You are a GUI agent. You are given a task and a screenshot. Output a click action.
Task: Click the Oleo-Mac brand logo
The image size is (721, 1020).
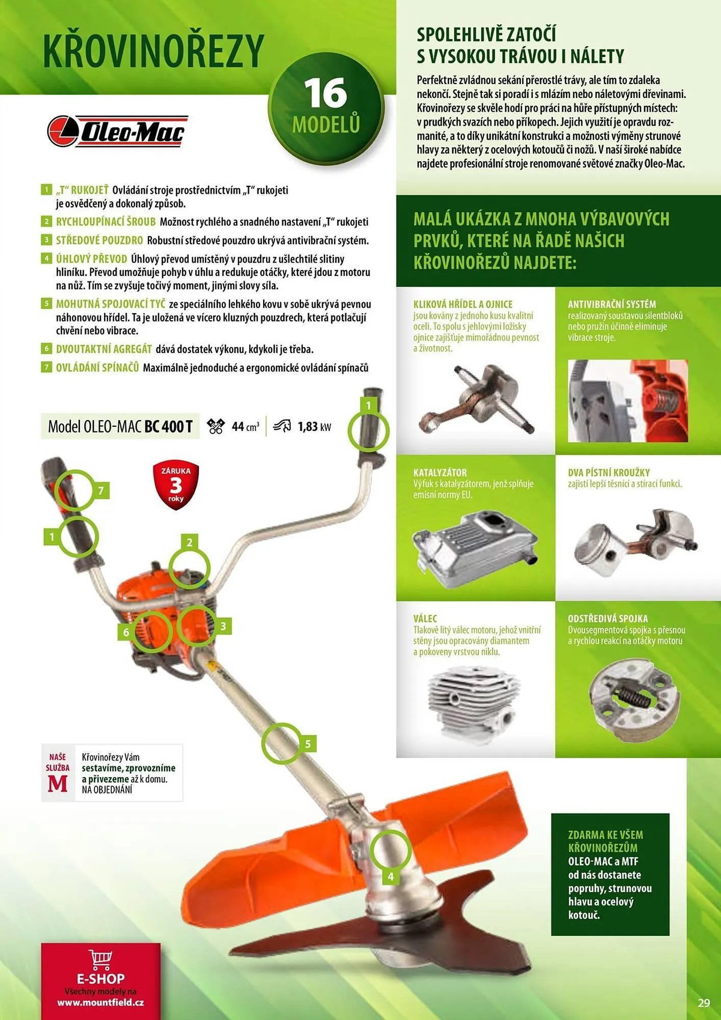(x=118, y=131)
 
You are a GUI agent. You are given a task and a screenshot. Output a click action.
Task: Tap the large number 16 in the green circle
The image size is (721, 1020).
(x=325, y=93)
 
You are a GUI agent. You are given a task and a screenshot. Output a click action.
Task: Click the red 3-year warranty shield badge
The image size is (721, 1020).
(x=176, y=485)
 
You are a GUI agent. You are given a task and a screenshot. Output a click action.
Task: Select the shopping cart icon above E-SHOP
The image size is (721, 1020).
(x=100, y=959)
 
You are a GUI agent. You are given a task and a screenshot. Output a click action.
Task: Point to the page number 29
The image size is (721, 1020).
(x=704, y=1003)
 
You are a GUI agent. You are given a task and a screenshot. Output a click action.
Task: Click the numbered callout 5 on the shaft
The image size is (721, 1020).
(x=308, y=744)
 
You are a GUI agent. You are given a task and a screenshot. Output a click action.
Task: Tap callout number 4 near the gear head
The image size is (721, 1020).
(x=391, y=876)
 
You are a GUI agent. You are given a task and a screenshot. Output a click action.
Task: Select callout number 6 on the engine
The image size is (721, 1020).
(x=126, y=632)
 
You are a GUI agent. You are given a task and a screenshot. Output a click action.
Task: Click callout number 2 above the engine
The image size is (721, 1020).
(x=190, y=542)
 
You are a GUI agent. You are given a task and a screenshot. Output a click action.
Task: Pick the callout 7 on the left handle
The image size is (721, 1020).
(x=101, y=491)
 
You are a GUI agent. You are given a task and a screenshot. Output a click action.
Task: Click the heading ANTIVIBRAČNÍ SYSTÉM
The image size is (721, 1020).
(x=612, y=304)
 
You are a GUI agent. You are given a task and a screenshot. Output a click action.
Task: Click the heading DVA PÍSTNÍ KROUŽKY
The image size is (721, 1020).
(x=609, y=472)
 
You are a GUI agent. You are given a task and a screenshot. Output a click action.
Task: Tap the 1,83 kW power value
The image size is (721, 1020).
(x=314, y=426)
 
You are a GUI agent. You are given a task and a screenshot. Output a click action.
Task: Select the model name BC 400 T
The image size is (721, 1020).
(x=168, y=426)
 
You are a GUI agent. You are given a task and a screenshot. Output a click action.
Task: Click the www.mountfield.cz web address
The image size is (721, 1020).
(x=100, y=1002)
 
